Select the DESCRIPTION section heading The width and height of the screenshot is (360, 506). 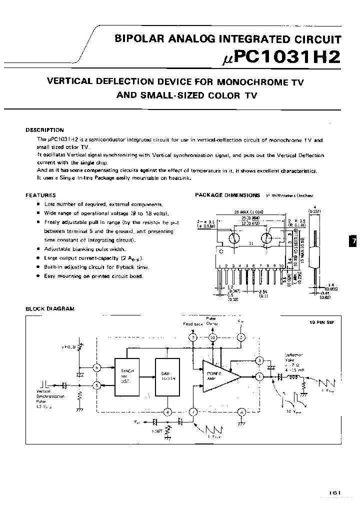pyautogui.click(x=45, y=130)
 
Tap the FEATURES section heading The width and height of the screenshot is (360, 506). pyautogui.click(x=40, y=195)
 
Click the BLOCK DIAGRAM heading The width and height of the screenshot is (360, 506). pyautogui.click(x=50, y=309)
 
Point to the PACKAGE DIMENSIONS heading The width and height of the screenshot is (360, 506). pyautogui.click(x=227, y=195)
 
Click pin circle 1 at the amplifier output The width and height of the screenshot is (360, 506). pyautogui.click(x=259, y=376)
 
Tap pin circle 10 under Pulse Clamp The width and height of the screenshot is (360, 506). pyautogui.click(x=212, y=338)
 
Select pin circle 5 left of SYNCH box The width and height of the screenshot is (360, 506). pyautogui.click(x=97, y=385)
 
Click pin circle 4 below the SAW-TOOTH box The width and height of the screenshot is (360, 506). pyautogui.click(x=168, y=412)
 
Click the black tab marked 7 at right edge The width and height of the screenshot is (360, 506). pyautogui.click(x=354, y=241)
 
